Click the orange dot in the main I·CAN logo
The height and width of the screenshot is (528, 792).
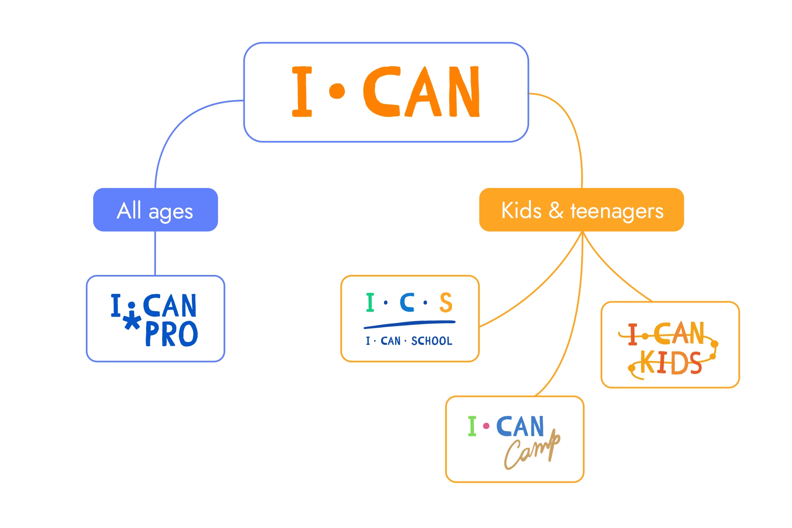[337, 91]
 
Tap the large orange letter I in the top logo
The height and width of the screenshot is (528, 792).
[302, 92]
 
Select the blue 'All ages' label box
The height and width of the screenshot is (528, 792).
[156, 209]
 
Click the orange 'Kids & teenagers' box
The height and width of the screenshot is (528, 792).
[581, 209]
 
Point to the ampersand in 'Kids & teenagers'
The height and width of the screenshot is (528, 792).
[556, 210]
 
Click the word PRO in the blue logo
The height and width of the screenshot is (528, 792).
[171, 334]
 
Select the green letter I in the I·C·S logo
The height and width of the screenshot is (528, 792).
[370, 302]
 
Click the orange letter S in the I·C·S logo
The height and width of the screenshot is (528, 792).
[446, 303]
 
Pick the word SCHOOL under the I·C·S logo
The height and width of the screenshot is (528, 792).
[431, 341]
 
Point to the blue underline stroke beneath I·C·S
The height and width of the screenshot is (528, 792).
[409, 324]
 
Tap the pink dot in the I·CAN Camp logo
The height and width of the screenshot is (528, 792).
[486, 426]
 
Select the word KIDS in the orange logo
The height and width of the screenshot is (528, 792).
[671, 363]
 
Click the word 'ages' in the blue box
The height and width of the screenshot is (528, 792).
[170, 212]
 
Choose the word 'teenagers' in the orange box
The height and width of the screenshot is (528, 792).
[617, 211]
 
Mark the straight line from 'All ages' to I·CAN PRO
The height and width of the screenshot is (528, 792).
[155, 253]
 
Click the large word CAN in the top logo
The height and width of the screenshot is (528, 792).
[422, 92]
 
